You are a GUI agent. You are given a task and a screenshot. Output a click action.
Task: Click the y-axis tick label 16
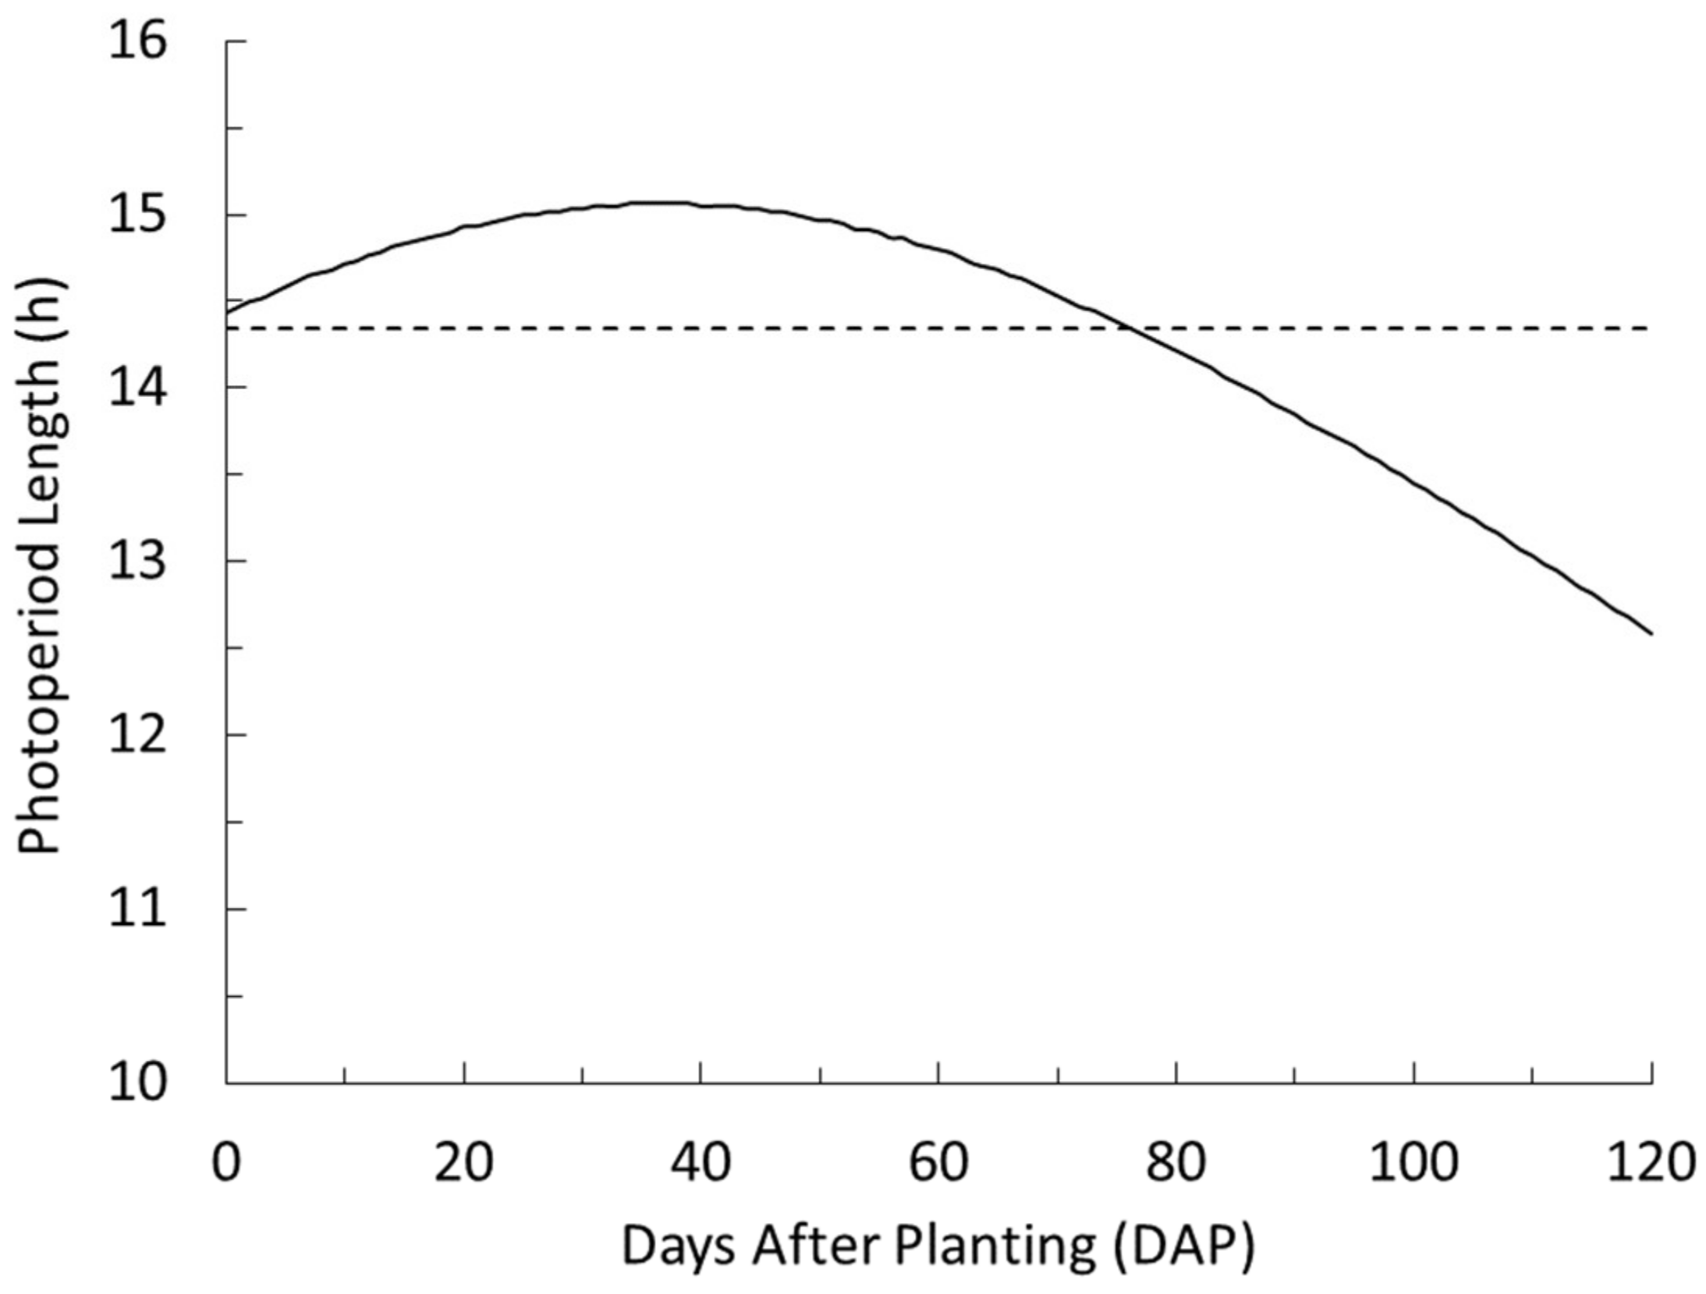coord(137,41)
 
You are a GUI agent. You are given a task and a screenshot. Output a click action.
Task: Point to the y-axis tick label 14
coord(137,388)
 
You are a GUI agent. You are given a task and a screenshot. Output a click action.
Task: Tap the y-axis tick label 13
coord(137,561)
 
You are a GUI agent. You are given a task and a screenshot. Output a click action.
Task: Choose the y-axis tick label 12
coord(137,735)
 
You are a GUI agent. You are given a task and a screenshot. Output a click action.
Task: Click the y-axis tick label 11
coord(137,909)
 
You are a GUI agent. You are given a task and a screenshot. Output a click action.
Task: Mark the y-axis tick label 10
coord(137,1083)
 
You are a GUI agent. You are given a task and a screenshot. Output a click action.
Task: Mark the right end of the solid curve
coord(1651,633)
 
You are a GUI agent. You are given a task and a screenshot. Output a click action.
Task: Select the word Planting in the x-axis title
coord(994,1246)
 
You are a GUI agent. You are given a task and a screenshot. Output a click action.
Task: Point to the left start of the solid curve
coord(227,314)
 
